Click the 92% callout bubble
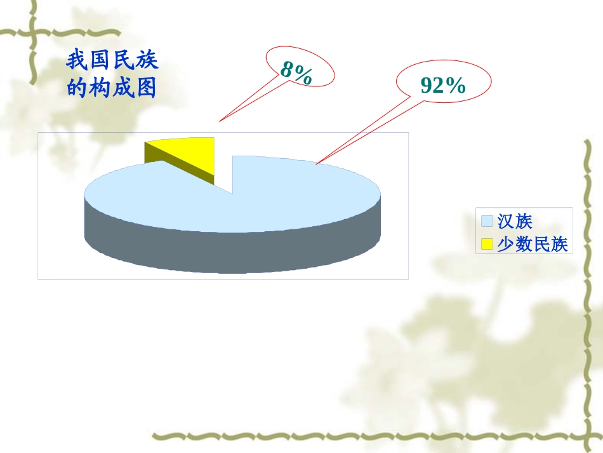coord(444,84)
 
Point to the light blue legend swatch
coord(487,221)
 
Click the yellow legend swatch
coord(487,243)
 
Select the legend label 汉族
coord(514,221)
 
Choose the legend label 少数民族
coord(532,243)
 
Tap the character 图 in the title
coord(145,87)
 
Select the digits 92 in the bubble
coord(433,85)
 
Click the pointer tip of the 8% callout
coord(220,121)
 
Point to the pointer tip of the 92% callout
coord(316,164)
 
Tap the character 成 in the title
coord(123,87)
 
